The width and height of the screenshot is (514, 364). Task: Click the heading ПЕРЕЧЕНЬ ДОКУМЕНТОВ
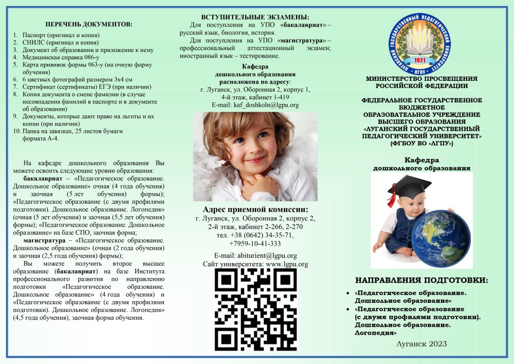pos(88,24)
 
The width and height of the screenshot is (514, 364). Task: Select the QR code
pos(255,309)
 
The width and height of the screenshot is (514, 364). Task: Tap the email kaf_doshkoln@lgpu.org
pos(255,105)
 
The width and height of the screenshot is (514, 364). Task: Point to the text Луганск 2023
pos(421,343)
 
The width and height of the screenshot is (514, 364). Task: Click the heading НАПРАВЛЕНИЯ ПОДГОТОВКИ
pos(421,281)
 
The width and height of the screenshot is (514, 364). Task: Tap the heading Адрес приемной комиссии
pos(255,210)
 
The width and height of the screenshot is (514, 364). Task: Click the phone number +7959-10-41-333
pos(255,244)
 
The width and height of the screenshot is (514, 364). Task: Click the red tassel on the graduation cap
pos(392,198)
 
